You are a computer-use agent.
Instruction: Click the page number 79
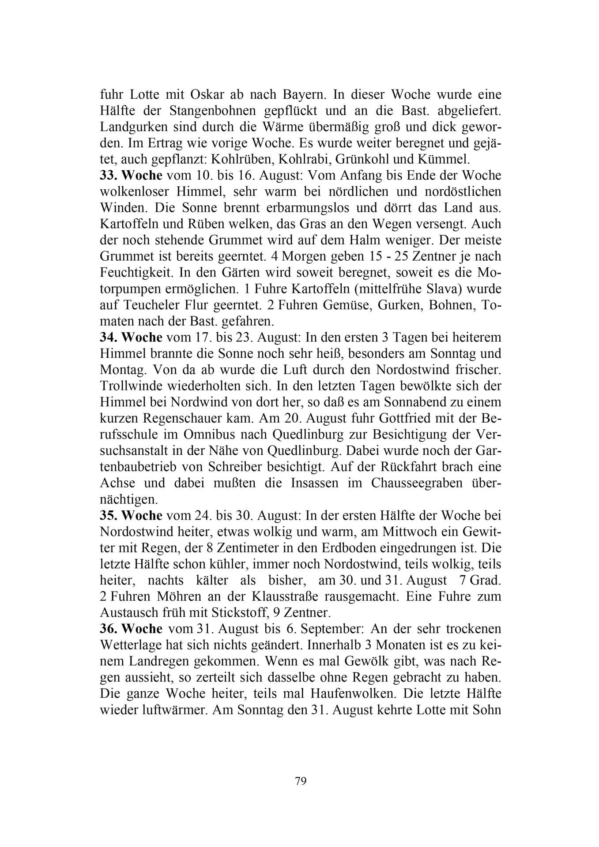pos(301,781)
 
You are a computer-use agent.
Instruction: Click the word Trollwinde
pos(131,386)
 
